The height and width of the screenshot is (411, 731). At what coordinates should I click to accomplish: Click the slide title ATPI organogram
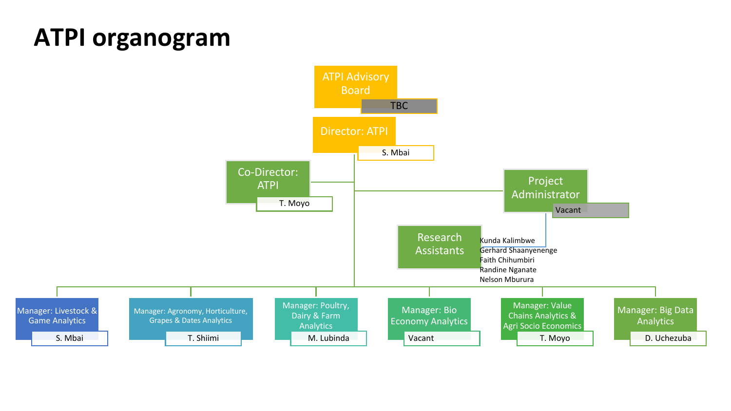pyautogui.click(x=132, y=37)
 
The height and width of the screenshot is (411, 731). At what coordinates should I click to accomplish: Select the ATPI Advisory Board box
pyautogui.click(x=355, y=83)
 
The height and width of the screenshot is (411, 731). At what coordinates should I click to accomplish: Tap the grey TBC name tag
pyautogui.click(x=399, y=106)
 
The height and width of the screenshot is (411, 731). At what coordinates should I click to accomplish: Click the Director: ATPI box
pyautogui.click(x=354, y=131)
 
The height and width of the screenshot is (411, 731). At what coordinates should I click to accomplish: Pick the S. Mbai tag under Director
pyautogui.click(x=396, y=153)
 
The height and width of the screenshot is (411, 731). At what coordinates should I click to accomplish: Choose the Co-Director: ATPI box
pyautogui.click(x=268, y=179)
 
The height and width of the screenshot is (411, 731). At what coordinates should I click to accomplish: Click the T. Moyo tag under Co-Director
pyautogui.click(x=294, y=204)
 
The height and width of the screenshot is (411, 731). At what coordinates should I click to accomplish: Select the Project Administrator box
pyautogui.click(x=545, y=187)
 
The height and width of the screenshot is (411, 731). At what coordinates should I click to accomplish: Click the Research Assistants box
pyautogui.click(x=439, y=244)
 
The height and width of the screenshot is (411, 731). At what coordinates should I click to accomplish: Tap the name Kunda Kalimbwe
pyautogui.click(x=507, y=241)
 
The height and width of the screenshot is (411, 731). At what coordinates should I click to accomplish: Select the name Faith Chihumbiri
pyautogui.click(x=507, y=260)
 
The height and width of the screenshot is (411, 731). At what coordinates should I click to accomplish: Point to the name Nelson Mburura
pyautogui.click(x=506, y=280)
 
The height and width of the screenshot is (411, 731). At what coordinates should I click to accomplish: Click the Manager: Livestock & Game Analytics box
pyautogui.click(x=57, y=316)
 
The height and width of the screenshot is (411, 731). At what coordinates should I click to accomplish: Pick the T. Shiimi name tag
pyautogui.click(x=203, y=338)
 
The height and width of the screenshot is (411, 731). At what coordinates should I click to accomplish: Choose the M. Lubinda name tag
pyautogui.click(x=328, y=338)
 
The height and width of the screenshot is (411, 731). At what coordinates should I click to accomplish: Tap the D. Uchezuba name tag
pyautogui.click(x=668, y=338)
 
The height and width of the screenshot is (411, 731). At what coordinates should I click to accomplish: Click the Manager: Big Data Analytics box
pyautogui.click(x=655, y=316)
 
